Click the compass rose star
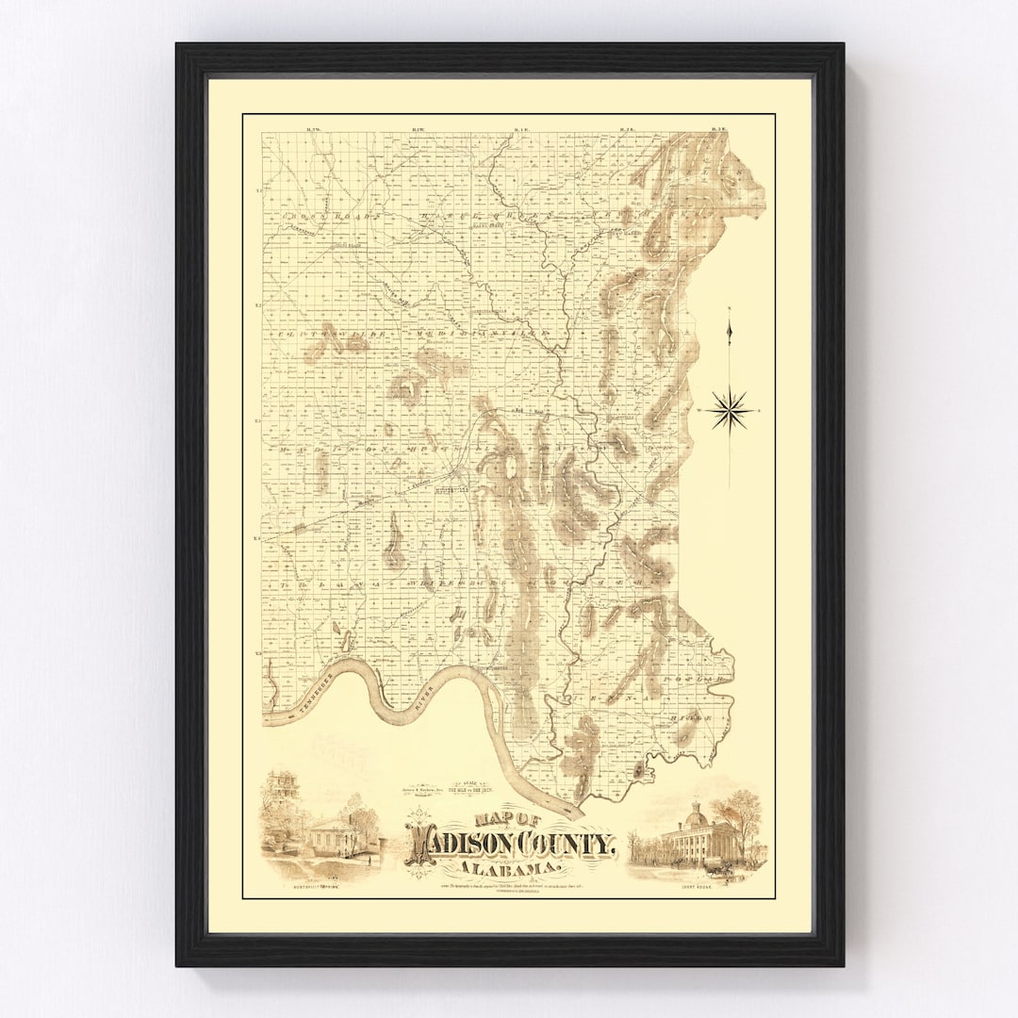[x=730, y=410]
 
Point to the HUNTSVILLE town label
[x=451, y=490]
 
